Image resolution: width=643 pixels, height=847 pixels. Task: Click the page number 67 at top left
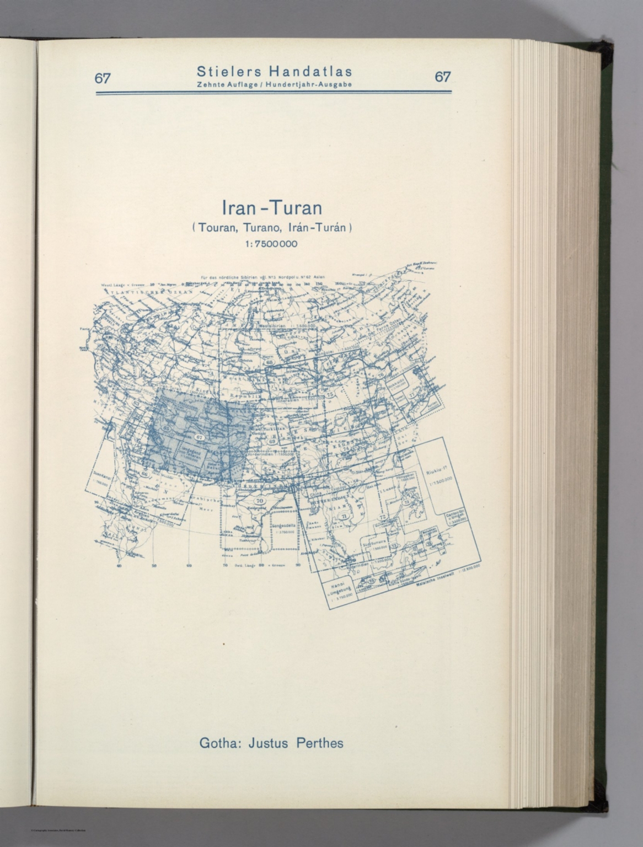click(x=102, y=78)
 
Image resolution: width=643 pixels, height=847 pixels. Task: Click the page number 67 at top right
click(x=442, y=77)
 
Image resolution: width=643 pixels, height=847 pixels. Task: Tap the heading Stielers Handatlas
click(x=274, y=72)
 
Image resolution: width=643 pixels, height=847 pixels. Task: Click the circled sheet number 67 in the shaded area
click(x=200, y=437)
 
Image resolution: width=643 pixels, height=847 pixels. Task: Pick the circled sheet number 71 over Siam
click(x=344, y=516)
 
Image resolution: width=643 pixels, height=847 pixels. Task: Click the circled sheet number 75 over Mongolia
click(x=330, y=394)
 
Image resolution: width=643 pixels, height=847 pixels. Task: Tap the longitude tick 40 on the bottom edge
click(x=119, y=565)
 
